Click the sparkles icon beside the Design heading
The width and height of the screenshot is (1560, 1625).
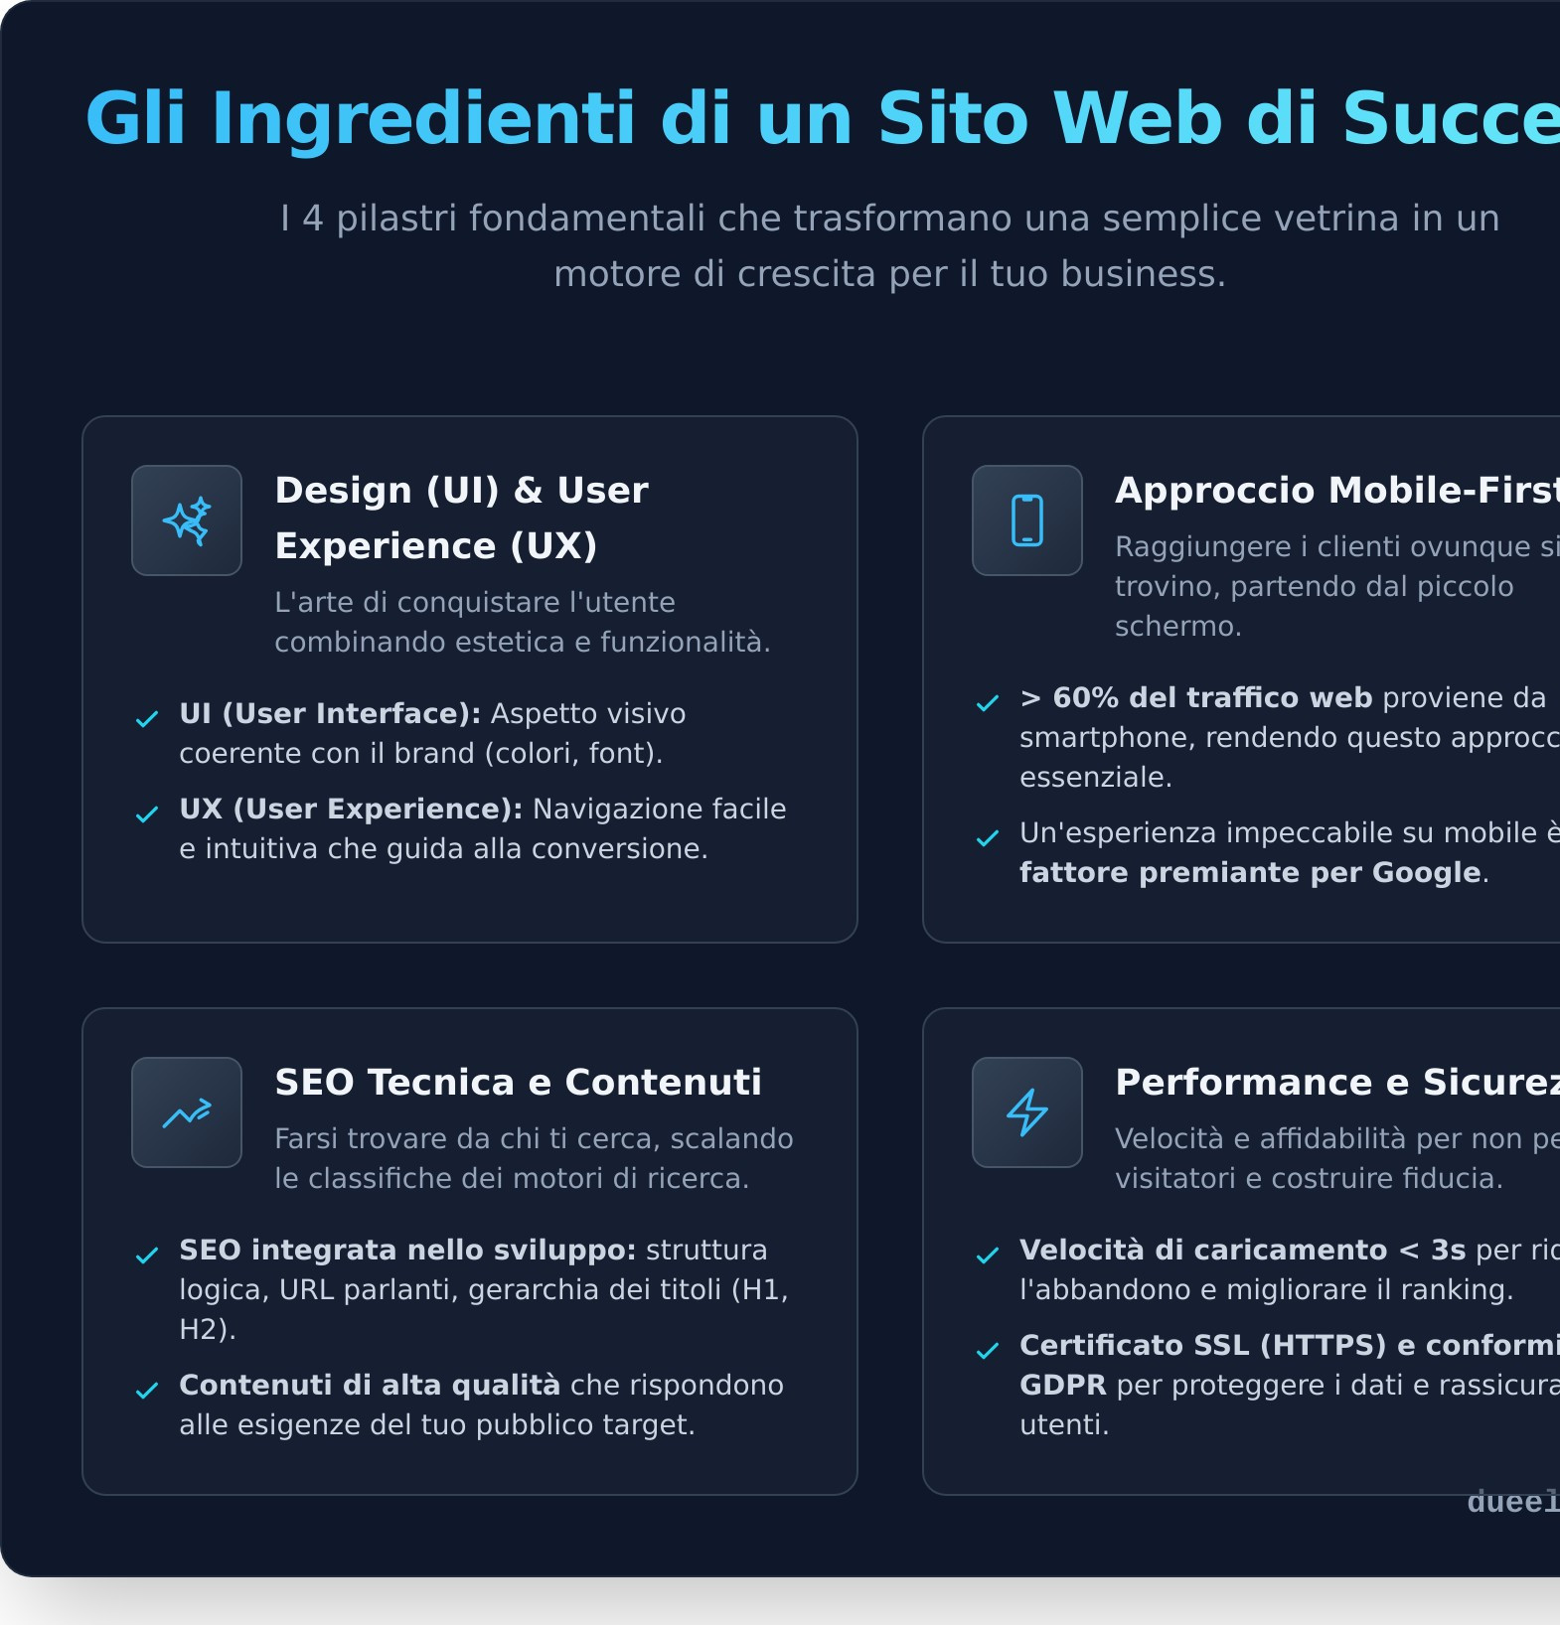pos(187,520)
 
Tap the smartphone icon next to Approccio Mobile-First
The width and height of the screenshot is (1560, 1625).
pos(1026,520)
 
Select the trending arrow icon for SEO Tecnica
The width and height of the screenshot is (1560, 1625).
pos(187,1112)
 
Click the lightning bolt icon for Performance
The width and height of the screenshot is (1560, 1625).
pos(1026,1112)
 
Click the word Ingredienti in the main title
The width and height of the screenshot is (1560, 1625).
pos(423,119)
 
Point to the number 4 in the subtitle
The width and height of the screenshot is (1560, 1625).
pos(313,219)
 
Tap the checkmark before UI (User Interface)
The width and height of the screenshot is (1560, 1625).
pos(147,719)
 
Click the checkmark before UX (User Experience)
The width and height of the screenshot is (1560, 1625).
pos(147,814)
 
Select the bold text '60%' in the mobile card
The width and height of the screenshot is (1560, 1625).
pos(1086,698)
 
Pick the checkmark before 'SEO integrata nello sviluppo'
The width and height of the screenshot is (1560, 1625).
pos(147,1256)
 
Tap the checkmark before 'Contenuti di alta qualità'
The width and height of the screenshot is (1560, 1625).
pos(147,1391)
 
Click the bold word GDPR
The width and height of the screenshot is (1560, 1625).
pos(1062,1386)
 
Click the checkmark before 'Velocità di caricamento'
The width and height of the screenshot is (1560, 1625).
pos(988,1256)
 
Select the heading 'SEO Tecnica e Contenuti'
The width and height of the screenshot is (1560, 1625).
pos(518,1083)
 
